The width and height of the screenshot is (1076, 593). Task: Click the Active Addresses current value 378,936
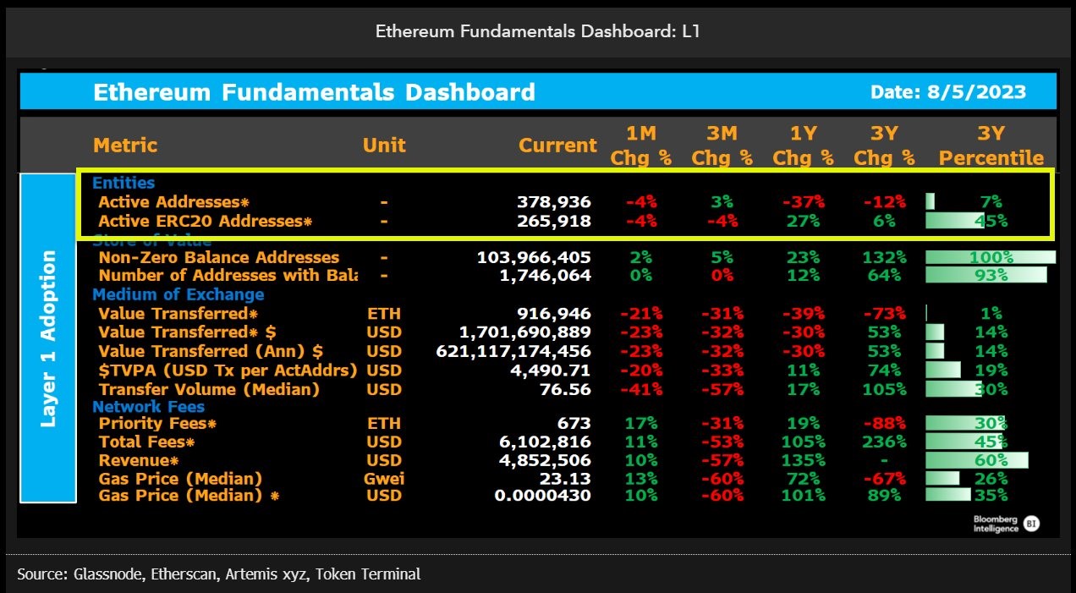coord(553,202)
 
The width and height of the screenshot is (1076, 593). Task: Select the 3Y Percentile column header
coord(991,146)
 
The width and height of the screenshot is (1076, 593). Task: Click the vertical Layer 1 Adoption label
coord(48,338)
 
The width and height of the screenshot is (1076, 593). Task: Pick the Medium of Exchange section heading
coord(178,294)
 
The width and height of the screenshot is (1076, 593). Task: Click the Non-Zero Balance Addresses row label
coord(219,257)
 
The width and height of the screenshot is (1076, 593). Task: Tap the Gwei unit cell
coord(385,479)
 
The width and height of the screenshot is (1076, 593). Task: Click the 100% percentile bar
coord(991,257)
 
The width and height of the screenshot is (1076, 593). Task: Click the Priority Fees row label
coord(157,423)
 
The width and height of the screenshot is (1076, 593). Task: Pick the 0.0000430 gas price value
coord(544,496)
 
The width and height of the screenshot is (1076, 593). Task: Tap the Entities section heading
coord(124,183)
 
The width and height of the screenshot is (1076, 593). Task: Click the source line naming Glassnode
coord(218,574)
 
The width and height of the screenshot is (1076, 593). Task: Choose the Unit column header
coord(384,145)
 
